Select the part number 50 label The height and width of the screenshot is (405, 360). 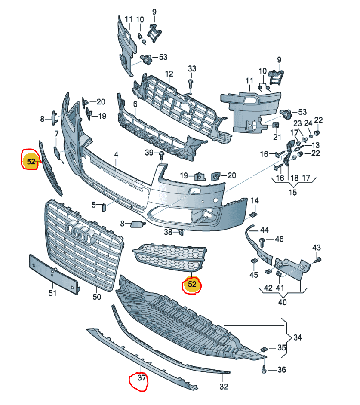pos(97,297)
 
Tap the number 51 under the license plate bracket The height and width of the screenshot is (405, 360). pos(52,293)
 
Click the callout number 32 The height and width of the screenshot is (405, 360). pos(223,386)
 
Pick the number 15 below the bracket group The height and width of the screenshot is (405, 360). pos(292,192)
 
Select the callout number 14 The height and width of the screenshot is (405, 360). pos(255,200)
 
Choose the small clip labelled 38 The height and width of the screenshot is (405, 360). pos(181,233)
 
